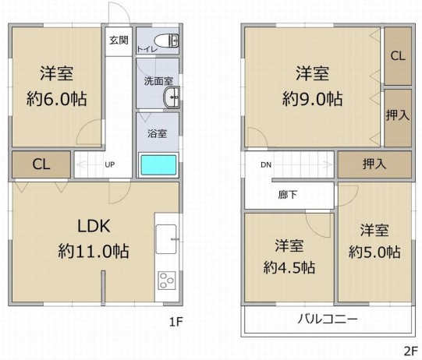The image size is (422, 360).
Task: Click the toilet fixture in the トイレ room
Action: click(167, 41)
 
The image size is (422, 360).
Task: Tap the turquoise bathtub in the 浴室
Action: click(158, 165)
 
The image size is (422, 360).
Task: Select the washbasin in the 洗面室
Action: click(172, 97)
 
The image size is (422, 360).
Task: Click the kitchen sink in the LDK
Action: click(166, 239)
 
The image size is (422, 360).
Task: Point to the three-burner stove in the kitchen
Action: click(167, 281)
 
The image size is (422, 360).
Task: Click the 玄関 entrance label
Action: click(119, 41)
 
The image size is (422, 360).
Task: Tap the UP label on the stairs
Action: click(110, 164)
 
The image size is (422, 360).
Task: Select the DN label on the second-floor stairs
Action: click(266, 165)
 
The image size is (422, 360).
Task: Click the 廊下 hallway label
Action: click(288, 195)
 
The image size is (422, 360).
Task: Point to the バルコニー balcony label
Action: click(328, 319)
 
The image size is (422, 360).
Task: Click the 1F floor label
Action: click(176, 322)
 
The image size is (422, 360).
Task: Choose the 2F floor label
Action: click(410, 351)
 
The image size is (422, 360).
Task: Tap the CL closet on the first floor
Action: click(41, 164)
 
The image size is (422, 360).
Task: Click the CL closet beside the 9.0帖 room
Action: click(398, 56)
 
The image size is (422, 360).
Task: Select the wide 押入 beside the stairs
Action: click(374, 164)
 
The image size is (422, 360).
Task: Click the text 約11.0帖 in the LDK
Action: click(94, 252)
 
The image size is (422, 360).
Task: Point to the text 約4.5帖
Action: click(289, 268)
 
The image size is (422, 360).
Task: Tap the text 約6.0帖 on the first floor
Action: click(56, 99)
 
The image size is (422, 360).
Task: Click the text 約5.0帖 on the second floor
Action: click(374, 252)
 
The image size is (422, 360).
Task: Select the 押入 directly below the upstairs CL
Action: click(398, 118)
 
